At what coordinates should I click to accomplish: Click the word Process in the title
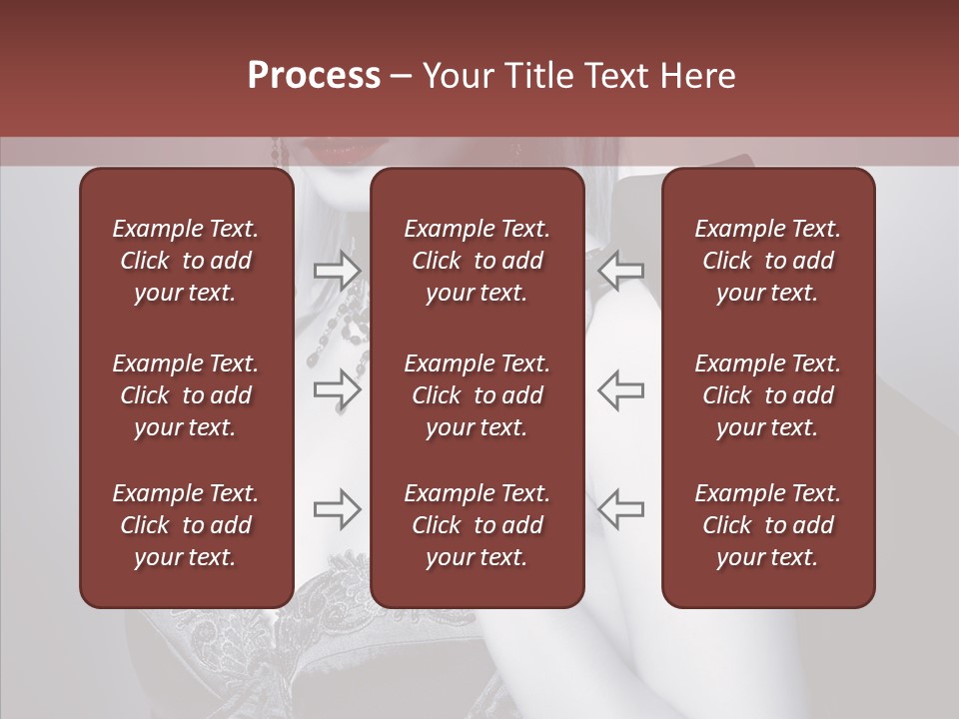pyautogui.click(x=314, y=76)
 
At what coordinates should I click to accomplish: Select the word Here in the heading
pyautogui.click(x=696, y=76)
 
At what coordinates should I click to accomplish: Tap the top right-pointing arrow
pyautogui.click(x=338, y=269)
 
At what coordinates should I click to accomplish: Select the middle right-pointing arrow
pyautogui.click(x=338, y=389)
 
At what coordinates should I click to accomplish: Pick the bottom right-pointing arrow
pyautogui.click(x=338, y=509)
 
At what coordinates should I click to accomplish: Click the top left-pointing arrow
pyautogui.click(x=621, y=269)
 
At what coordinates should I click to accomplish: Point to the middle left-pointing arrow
pyautogui.click(x=621, y=389)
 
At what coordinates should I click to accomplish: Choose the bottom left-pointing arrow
pyautogui.click(x=621, y=509)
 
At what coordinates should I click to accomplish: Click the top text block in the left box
pyautogui.click(x=186, y=261)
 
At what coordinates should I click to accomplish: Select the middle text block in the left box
pyautogui.click(x=186, y=395)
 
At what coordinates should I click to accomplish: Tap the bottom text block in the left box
pyautogui.click(x=186, y=525)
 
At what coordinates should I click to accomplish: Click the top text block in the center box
pyautogui.click(x=478, y=261)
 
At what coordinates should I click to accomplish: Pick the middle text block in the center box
pyautogui.click(x=478, y=395)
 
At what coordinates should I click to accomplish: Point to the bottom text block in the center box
pyautogui.click(x=478, y=525)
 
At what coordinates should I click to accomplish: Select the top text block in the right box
pyautogui.click(x=768, y=261)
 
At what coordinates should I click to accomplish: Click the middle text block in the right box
pyautogui.click(x=768, y=395)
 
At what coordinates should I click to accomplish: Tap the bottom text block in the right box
pyautogui.click(x=768, y=525)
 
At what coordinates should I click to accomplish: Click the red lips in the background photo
pyautogui.click(x=334, y=153)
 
